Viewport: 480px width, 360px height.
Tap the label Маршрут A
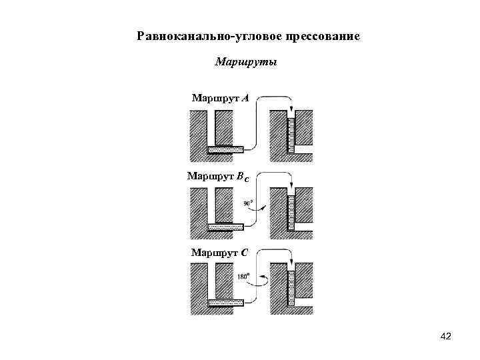click(220, 99)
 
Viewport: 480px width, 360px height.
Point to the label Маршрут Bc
click(219, 177)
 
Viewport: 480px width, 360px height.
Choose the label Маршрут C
click(220, 253)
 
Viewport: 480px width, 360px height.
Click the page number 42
click(446, 337)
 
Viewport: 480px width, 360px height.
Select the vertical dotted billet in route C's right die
click(291, 287)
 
